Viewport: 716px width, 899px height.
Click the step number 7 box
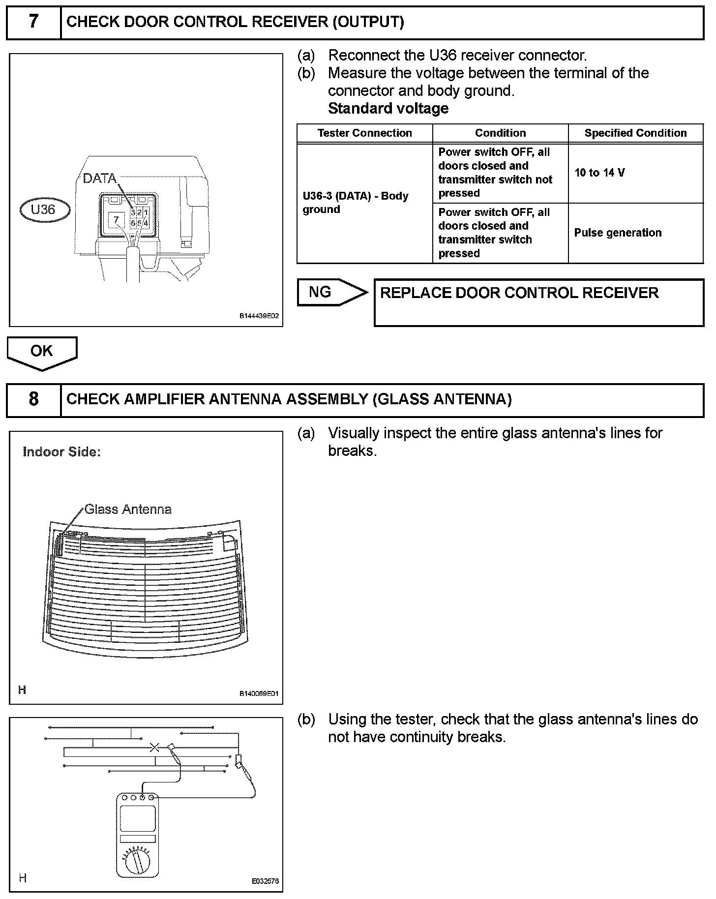[33, 22]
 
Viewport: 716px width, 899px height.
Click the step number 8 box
[33, 399]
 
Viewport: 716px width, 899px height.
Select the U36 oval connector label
[44, 210]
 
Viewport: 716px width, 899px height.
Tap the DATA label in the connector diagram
[99, 178]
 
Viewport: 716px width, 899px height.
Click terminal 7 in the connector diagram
[116, 219]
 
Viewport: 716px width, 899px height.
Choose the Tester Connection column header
[364, 133]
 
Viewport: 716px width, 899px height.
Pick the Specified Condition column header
[635, 133]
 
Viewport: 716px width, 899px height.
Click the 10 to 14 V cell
[599, 173]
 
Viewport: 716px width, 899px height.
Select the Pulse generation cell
[618, 233]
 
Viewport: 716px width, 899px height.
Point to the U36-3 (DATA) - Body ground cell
[355, 203]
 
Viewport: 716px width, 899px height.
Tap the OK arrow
[42, 352]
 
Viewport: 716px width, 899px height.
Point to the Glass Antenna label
[128, 509]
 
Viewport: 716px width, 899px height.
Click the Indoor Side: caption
[62, 452]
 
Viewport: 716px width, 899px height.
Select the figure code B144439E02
[259, 316]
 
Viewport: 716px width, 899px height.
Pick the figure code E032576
[266, 881]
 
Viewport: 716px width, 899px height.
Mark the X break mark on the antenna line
[154, 748]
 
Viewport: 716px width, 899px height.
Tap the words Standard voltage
[388, 108]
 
